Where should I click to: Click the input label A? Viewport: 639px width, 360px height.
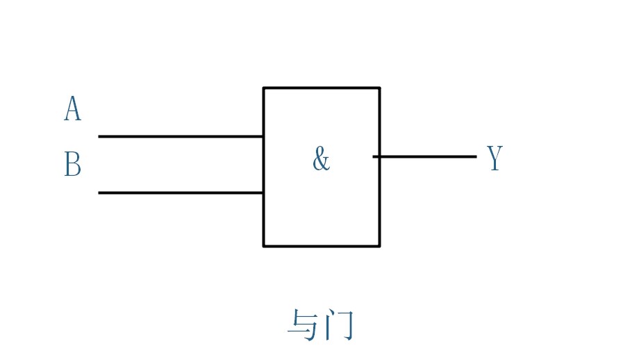[x=72, y=109]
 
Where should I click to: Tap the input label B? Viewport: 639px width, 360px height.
[x=72, y=165]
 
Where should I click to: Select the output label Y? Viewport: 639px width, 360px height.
[x=494, y=158]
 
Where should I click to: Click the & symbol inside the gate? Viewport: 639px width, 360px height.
[x=320, y=159]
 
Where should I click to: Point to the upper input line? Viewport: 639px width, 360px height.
[x=181, y=136]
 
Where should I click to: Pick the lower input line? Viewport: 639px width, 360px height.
[x=181, y=193]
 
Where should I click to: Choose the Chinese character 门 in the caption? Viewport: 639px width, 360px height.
[x=340, y=325]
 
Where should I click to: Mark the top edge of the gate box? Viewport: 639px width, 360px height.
[x=322, y=88]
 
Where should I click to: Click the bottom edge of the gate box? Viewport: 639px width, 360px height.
[x=322, y=245]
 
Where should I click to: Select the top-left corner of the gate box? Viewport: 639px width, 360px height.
[x=264, y=88]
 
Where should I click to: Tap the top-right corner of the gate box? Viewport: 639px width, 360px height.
[x=379, y=88]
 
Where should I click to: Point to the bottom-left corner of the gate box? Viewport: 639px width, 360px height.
[x=264, y=245]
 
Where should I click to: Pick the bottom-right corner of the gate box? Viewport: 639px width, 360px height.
[x=379, y=245]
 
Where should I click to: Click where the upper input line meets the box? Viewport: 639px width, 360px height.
[x=263, y=136]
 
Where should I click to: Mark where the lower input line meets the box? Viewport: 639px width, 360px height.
[x=263, y=193]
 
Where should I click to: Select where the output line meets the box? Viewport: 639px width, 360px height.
[x=379, y=156]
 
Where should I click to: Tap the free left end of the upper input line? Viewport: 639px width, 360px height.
[x=99, y=136]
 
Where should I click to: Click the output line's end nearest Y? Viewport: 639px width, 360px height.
[x=475, y=156]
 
